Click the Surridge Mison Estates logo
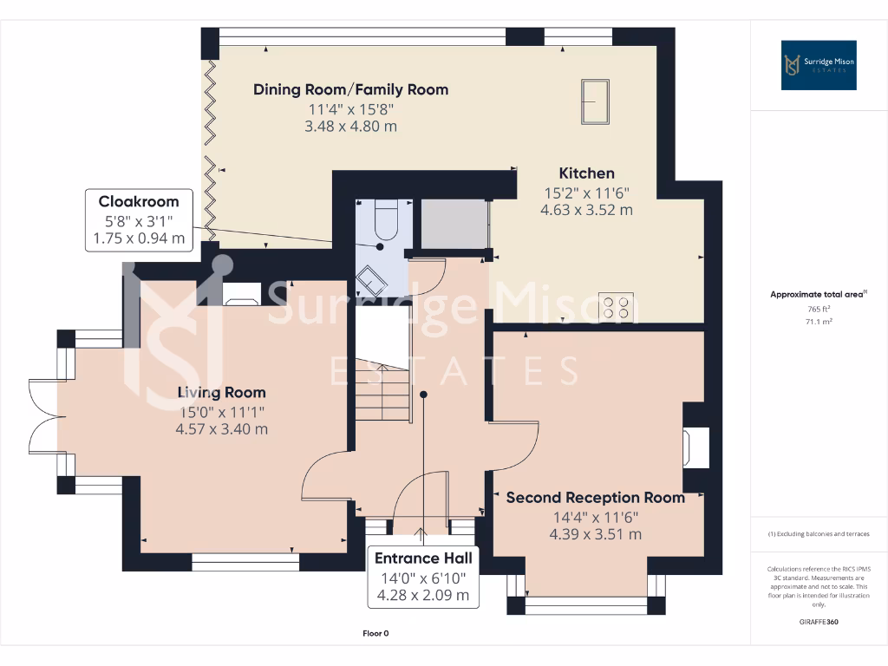click(819, 65)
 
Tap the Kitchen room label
click(586, 173)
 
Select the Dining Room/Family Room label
click(350, 89)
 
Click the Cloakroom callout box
click(139, 220)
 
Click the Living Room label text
click(222, 393)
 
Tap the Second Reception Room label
click(595, 498)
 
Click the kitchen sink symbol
click(595, 102)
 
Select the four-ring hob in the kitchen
click(616, 308)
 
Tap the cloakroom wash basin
click(374, 277)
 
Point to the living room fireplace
click(240, 294)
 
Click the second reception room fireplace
click(696, 446)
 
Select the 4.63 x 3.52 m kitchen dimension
click(586, 210)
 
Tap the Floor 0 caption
click(375, 633)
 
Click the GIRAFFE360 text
click(819, 622)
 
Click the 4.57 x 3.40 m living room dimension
click(222, 428)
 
